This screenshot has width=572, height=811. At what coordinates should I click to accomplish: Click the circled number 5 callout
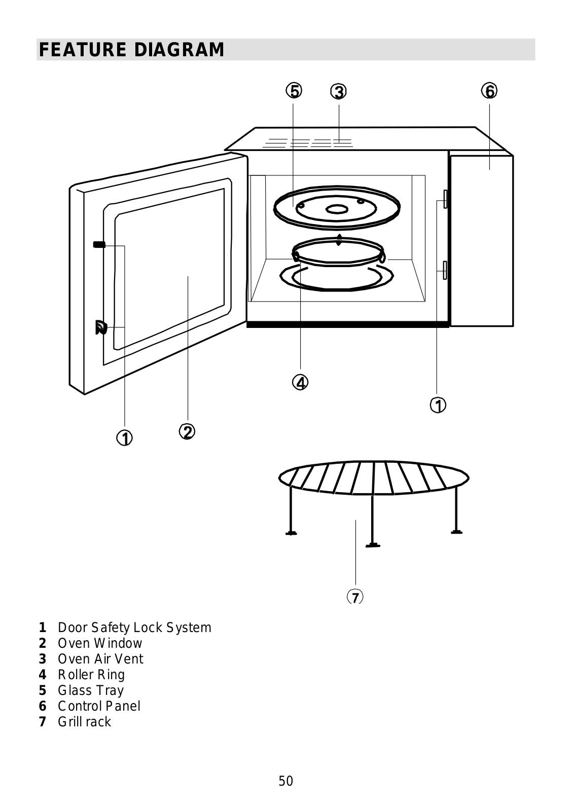click(293, 91)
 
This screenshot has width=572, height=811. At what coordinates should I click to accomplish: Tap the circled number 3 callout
click(338, 92)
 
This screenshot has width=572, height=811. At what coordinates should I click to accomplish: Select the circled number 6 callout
click(489, 91)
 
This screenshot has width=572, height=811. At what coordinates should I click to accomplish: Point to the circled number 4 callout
click(300, 382)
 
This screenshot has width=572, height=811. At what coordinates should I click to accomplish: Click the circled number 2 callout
click(187, 432)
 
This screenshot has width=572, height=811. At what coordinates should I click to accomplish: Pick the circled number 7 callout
click(355, 597)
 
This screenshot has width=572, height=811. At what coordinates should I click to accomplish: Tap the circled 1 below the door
click(124, 437)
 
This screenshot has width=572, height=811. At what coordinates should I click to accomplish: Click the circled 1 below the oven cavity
click(438, 405)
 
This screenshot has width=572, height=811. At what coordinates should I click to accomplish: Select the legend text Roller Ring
click(91, 675)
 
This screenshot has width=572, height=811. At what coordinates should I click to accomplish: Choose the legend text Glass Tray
click(91, 690)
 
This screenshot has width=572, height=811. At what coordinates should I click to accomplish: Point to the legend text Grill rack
click(84, 722)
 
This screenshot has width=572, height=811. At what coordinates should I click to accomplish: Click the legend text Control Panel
click(99, 706)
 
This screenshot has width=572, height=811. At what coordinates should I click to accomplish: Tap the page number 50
click(285, 781)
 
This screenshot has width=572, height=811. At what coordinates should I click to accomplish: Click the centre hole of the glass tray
click(336, 209)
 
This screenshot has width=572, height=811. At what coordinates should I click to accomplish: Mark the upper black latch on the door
click(99, 245)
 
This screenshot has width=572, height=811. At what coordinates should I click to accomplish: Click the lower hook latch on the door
click(100, 328)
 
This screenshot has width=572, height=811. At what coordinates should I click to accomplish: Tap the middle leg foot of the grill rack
click(373, 545)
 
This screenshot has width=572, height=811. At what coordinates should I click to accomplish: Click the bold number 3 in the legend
click(43, 659)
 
